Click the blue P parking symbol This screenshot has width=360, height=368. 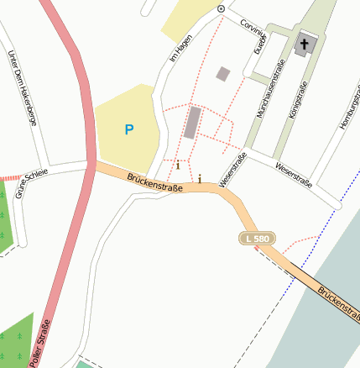(x=128, y=129)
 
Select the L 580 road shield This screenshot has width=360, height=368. (x=258, y=240)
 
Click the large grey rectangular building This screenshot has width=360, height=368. (x=193, y=123)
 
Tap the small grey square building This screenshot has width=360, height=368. (x=222, y=74)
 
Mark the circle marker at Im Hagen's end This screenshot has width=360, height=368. (x=221, y=8)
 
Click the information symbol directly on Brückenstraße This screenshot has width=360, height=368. (x=200, y=178)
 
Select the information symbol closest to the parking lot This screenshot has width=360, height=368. (x=177, y=166)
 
